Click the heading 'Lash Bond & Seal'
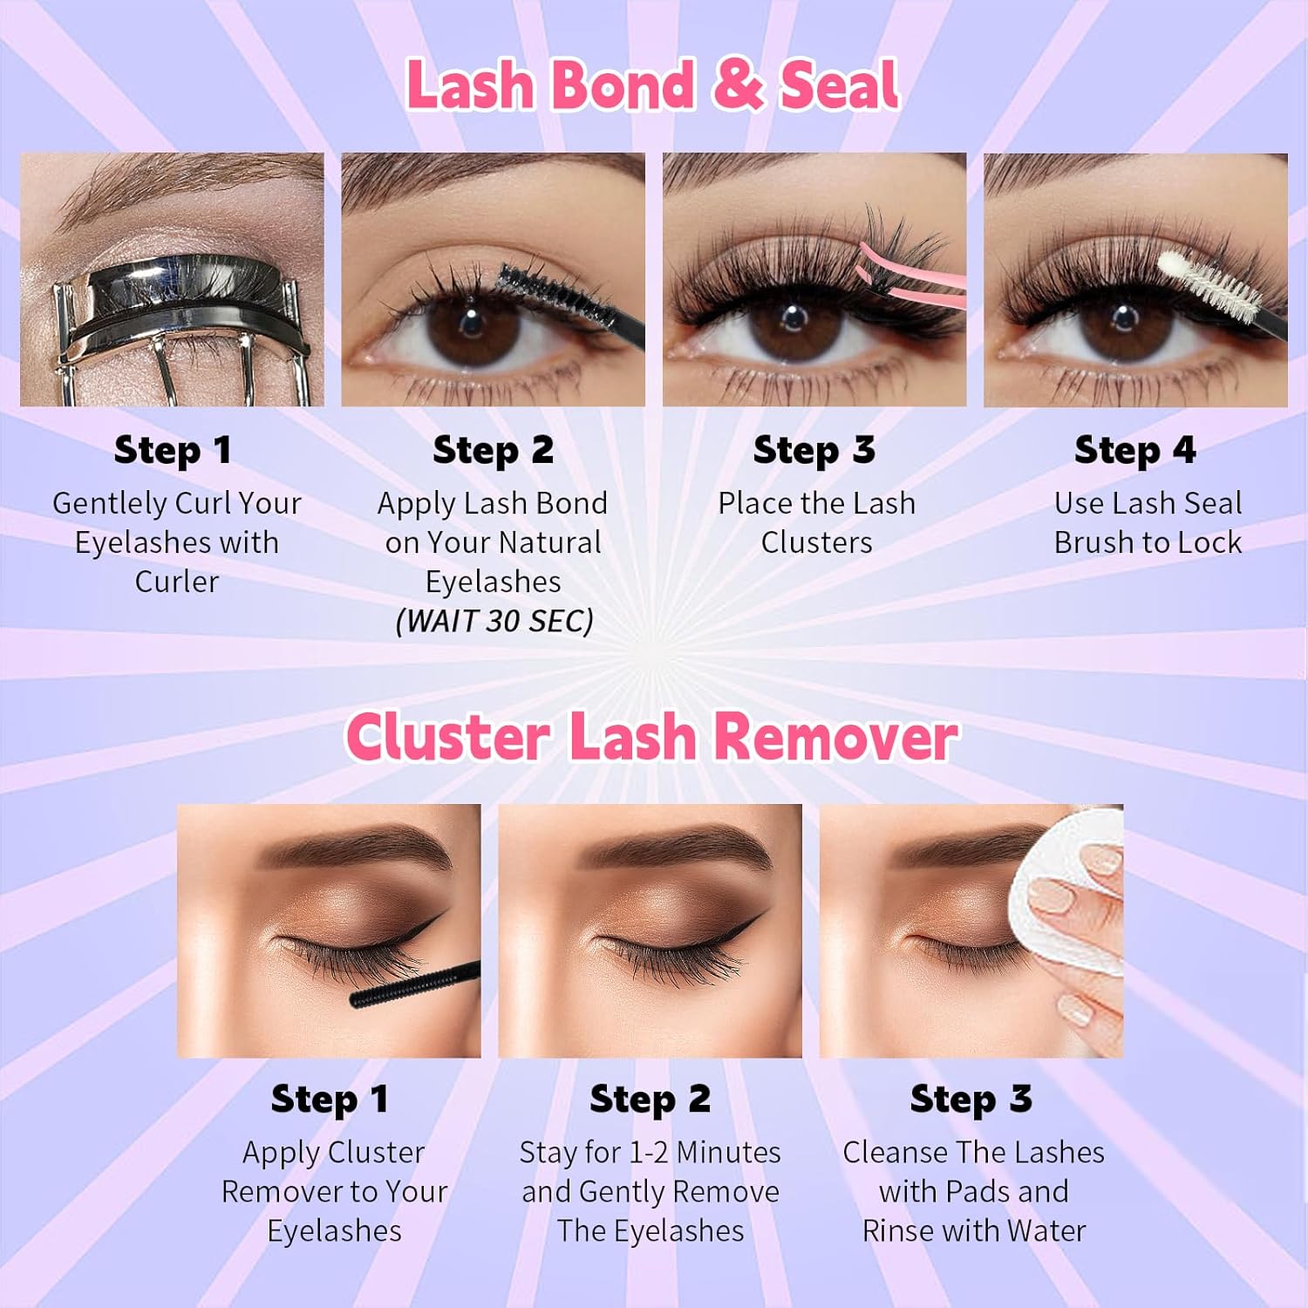(652, 85)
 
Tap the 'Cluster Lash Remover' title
(652, 738)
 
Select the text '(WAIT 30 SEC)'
(494, 621)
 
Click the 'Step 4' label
(1134, 450)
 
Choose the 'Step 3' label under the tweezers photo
(814, 450)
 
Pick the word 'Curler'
(176, 582)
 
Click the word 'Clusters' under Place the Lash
(816, 542)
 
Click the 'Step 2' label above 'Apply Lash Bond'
(493, 450)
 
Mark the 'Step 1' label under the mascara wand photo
(330, 1099)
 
